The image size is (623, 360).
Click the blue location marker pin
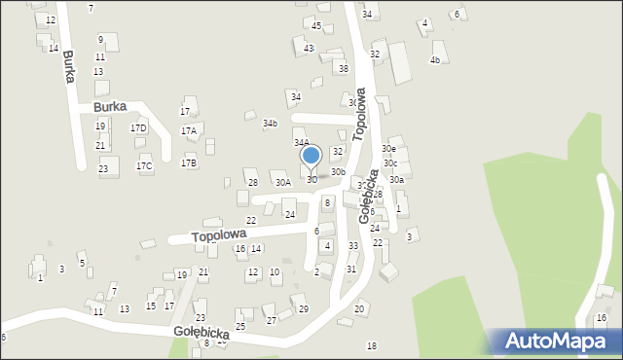311,156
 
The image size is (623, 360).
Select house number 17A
190,130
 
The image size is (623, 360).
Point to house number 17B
188,162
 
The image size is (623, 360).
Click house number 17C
144,166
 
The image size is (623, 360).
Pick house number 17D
138,127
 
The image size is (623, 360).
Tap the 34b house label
270,124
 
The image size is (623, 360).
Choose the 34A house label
302,143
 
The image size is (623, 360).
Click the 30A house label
282,182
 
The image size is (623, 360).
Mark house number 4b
435,60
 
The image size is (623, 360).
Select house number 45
316,25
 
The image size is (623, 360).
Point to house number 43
309,48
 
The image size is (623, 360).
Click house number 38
343,69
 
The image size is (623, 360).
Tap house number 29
304,309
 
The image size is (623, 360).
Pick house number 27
272,320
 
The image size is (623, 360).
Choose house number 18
371,346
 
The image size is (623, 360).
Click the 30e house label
388,148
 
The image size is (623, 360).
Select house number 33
352,246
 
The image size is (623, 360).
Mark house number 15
150,306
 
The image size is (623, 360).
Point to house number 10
275,272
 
